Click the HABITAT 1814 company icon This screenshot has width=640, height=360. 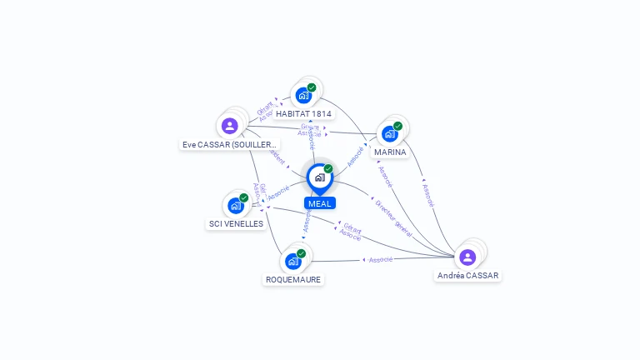click(303, 95)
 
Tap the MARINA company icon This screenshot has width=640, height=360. click(389, 133)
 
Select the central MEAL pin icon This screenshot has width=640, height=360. click(319, 177)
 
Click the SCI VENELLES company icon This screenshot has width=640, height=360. click(235, 205)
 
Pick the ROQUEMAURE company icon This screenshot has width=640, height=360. click(292, 261)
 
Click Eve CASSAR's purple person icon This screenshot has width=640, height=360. click(230, 126)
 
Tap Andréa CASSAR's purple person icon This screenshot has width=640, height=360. click(467, 257)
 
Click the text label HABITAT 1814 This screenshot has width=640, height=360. click(303, 113)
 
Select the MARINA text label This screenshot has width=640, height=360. click(390, 152)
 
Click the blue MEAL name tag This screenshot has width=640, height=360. click(319, 203)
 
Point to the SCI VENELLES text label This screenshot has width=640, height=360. click(235, 223)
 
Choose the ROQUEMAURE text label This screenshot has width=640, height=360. click(292, 279)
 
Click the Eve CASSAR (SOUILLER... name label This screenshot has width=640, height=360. click(230, 144)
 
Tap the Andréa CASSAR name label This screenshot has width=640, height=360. click(468, 275)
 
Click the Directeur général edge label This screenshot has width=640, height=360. click(392, 217)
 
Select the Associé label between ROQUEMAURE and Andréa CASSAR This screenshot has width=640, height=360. click(380, 259)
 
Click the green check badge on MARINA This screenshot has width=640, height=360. click(397, 126)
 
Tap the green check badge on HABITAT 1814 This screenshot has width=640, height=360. click(312, 87)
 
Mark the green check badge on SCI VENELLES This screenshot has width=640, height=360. click(243, 197)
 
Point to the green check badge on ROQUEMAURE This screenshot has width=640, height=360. click(301, 253)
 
